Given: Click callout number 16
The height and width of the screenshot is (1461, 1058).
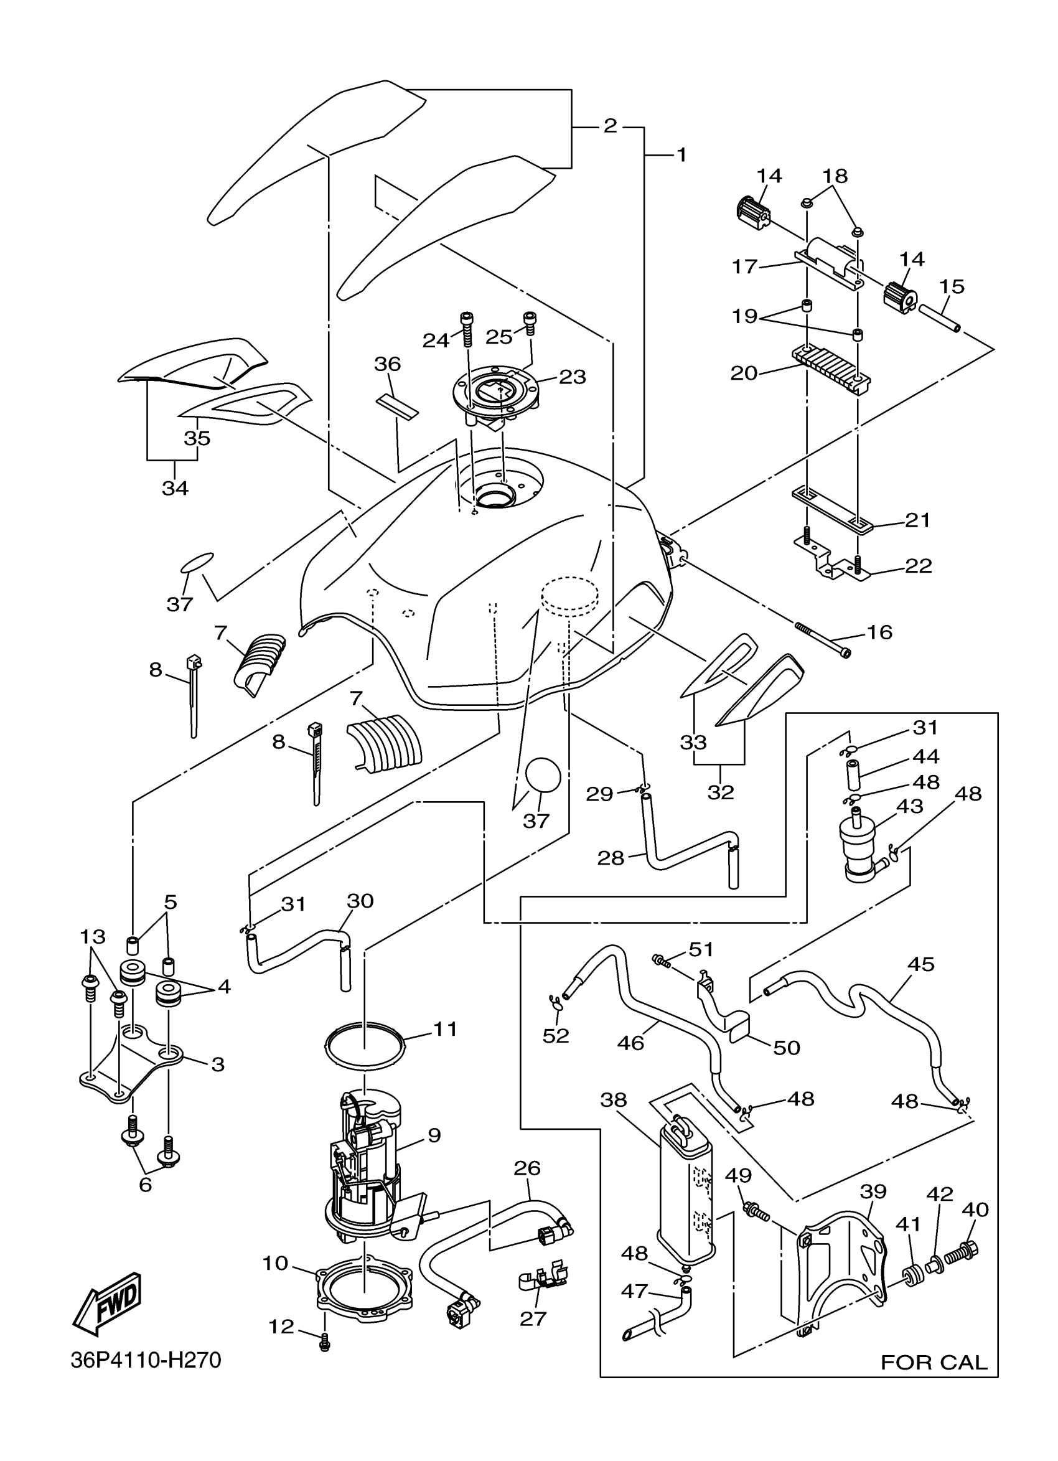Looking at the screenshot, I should coord(879,632).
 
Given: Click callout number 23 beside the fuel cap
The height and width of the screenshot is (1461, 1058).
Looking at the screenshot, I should coord(573,377).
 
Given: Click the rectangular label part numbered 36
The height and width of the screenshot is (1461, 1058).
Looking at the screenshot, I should coord(397,405).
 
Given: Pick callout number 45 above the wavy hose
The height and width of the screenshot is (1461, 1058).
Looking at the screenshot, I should coord(920,964).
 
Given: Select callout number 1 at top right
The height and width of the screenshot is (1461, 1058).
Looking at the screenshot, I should coord(680,155).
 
